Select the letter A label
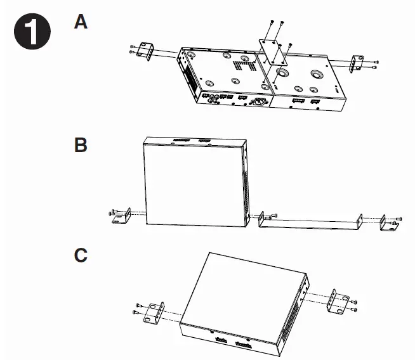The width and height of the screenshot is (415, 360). [81, 22]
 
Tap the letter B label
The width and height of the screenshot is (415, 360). [81, 145]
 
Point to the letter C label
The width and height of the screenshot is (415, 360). [81, 255]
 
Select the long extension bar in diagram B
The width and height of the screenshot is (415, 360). [311, 221]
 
